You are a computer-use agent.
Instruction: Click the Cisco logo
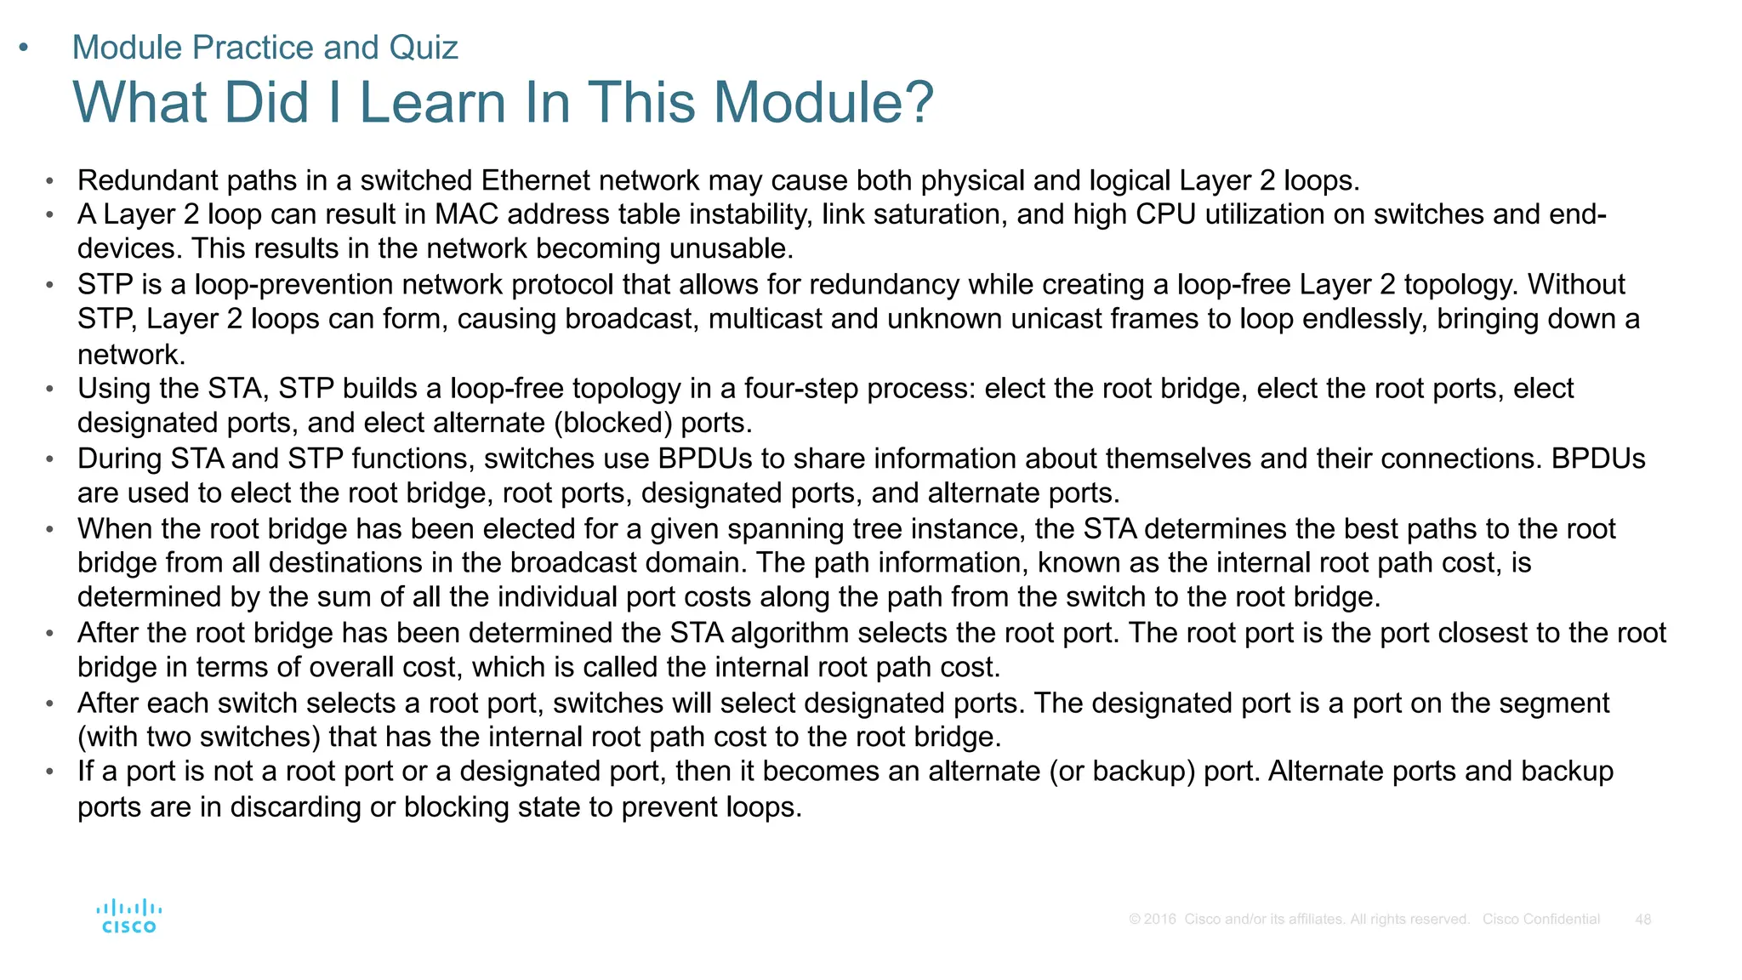(128, 916)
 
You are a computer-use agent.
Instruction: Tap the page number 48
(1642, 920)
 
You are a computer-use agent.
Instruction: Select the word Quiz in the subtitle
(423, 48)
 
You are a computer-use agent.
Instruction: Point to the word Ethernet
(536, 180)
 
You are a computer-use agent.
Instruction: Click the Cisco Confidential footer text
(1540, 920)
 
